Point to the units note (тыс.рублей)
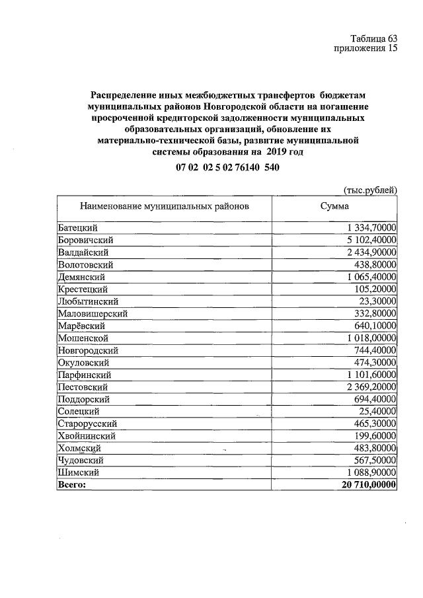pos(370,190)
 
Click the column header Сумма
pos(334,206)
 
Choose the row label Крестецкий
pos(83,289)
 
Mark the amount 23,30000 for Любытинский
pos(378,301)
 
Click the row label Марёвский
pos(82,326)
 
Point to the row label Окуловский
pos(83,362)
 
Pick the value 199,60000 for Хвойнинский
pos(375,436)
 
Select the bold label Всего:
pos(72,484)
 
